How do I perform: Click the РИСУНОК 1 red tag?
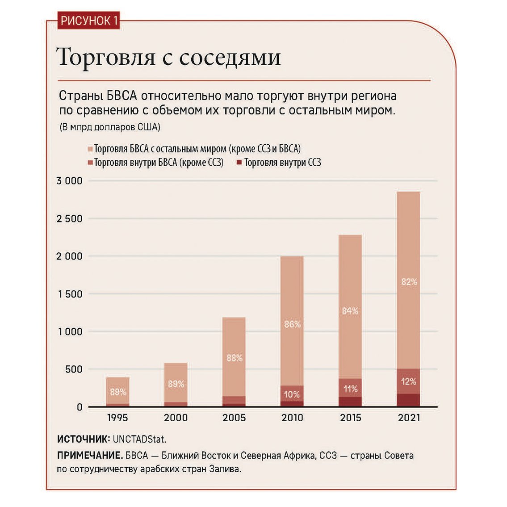pos(89,21)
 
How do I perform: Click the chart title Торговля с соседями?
pos(169,57)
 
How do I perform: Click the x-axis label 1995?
pos(117,418)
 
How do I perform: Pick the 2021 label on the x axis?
pos(409,418)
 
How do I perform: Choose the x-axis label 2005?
pos(234,418)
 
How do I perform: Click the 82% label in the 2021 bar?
pos(409,282)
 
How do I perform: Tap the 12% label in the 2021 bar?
pos(409,381)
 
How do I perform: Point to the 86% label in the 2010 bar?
pos(292,324)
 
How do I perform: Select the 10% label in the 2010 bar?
pos(292,394)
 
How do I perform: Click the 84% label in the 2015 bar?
pos(350,311)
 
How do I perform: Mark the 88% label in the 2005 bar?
pos(234,358)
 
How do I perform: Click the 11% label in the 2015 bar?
pos(350,389)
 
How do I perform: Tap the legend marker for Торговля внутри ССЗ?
pos(239,163)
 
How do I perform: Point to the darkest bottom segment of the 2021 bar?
pos(408,400)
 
